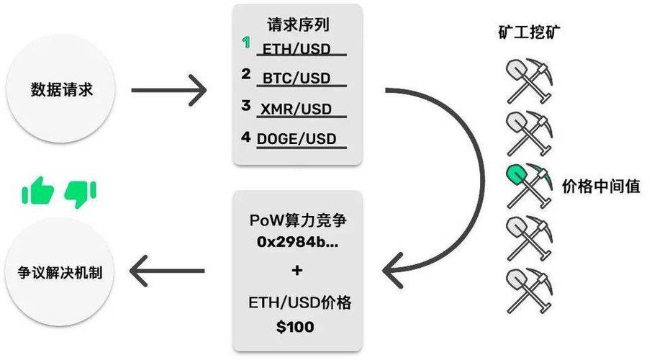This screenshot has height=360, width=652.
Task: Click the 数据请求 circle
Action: [x=60, y=89]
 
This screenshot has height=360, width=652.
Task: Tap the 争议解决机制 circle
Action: [x=60, y=272]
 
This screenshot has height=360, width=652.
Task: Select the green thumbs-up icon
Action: [x=38, y=190]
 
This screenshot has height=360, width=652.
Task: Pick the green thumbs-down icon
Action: [x=81, y=194]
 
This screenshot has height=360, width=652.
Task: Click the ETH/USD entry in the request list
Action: [x=296, y=49]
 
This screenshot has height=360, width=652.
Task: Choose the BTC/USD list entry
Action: [x=296, y=78]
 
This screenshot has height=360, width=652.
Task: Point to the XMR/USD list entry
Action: [x=296, y=109]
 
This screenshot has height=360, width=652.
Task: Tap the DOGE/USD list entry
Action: [x=296, y=138]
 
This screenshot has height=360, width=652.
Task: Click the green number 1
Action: [x=246, y=42]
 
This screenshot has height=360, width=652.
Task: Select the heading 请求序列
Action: [x=298, y=24]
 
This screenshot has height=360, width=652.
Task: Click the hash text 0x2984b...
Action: [x=297, y=241]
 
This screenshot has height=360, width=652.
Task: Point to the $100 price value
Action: [x=295, y=327]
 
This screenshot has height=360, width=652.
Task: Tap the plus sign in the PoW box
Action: [x=297, y=271]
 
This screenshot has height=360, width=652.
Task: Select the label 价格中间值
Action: [x=601, y=186]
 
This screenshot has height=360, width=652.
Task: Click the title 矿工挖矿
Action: [x=529, y=32]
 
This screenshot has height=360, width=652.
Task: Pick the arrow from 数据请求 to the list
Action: [x=169, y=90]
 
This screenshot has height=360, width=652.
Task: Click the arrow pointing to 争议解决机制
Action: [x=167, y=271]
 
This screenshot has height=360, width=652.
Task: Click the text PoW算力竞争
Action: [x=298, y=220]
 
